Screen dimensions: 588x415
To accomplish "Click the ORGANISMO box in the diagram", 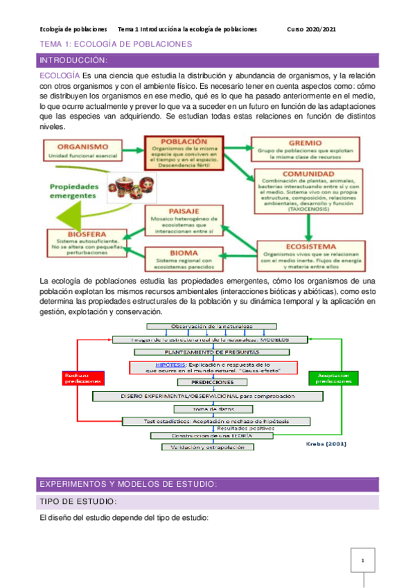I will point(83,152).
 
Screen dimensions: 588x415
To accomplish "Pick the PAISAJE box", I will point(184,220).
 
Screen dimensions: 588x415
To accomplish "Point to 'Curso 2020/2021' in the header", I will point(312,29).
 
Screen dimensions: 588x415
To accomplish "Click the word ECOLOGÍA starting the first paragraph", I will point(59,75).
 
